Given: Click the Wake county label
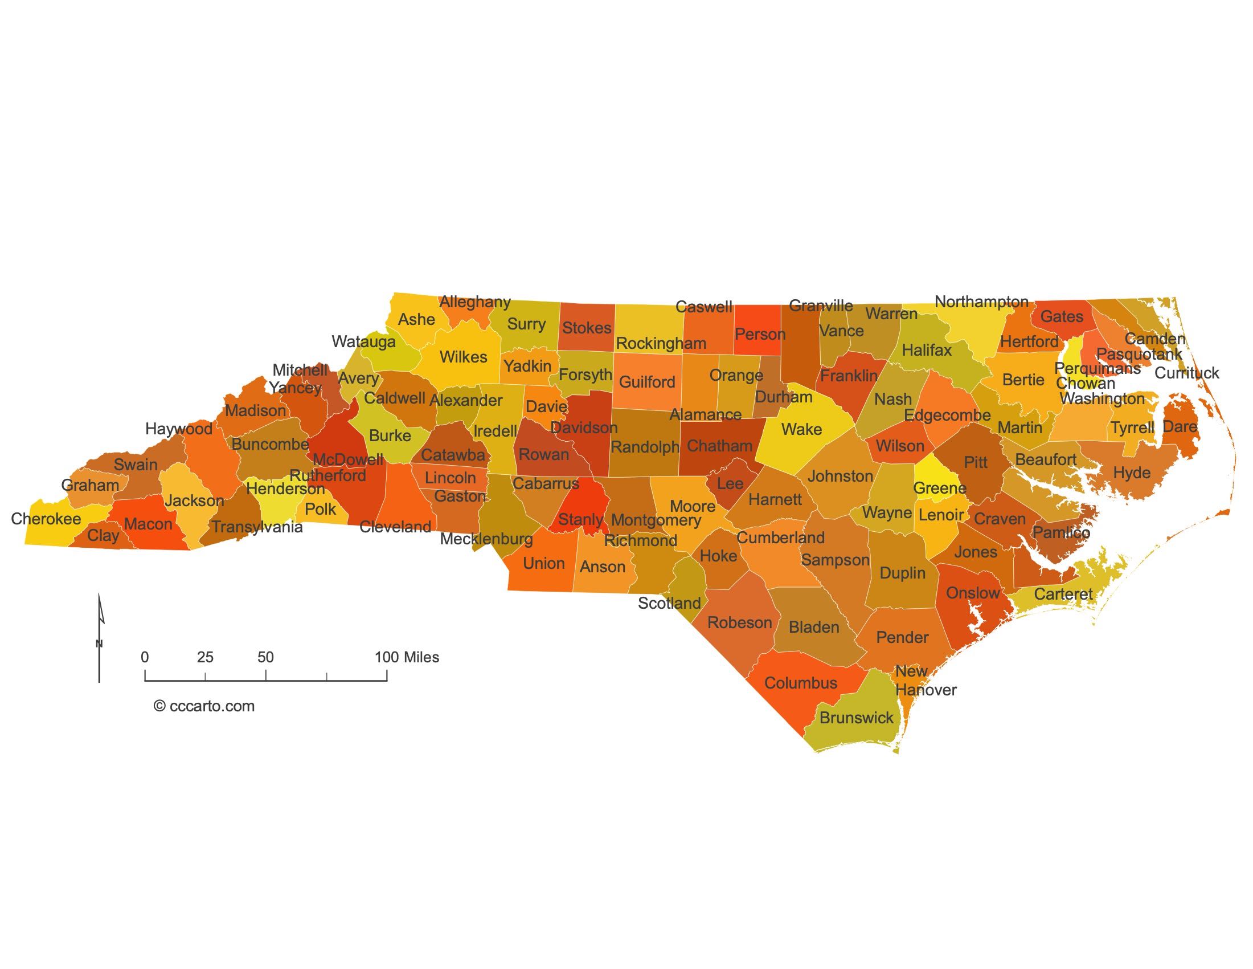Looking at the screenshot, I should coord(801,429).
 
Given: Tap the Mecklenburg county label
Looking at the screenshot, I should coord(486,539).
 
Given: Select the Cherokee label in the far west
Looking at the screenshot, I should coord(46,519).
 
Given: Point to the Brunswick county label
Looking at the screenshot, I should coord(857,718).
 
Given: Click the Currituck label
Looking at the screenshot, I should coord(1186,373).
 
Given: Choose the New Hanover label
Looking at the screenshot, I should coord(925,681).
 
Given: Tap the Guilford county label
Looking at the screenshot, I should coord(647,382).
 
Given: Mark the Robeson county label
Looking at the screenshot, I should coord(739,623).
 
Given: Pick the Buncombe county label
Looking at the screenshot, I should coord(270,445).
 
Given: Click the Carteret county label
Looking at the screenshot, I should coord(1063,594).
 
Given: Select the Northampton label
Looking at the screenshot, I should coord(982,302).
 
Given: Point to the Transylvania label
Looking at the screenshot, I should coord(257,527).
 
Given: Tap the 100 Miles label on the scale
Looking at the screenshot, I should coord(407,657).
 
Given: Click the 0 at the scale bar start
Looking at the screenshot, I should coord(145,657).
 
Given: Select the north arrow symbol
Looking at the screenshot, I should coord(100,637).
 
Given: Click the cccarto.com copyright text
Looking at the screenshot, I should coord(204,706).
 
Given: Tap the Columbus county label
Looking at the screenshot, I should coord(801,683).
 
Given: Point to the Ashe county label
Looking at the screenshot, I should coord(416,320).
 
